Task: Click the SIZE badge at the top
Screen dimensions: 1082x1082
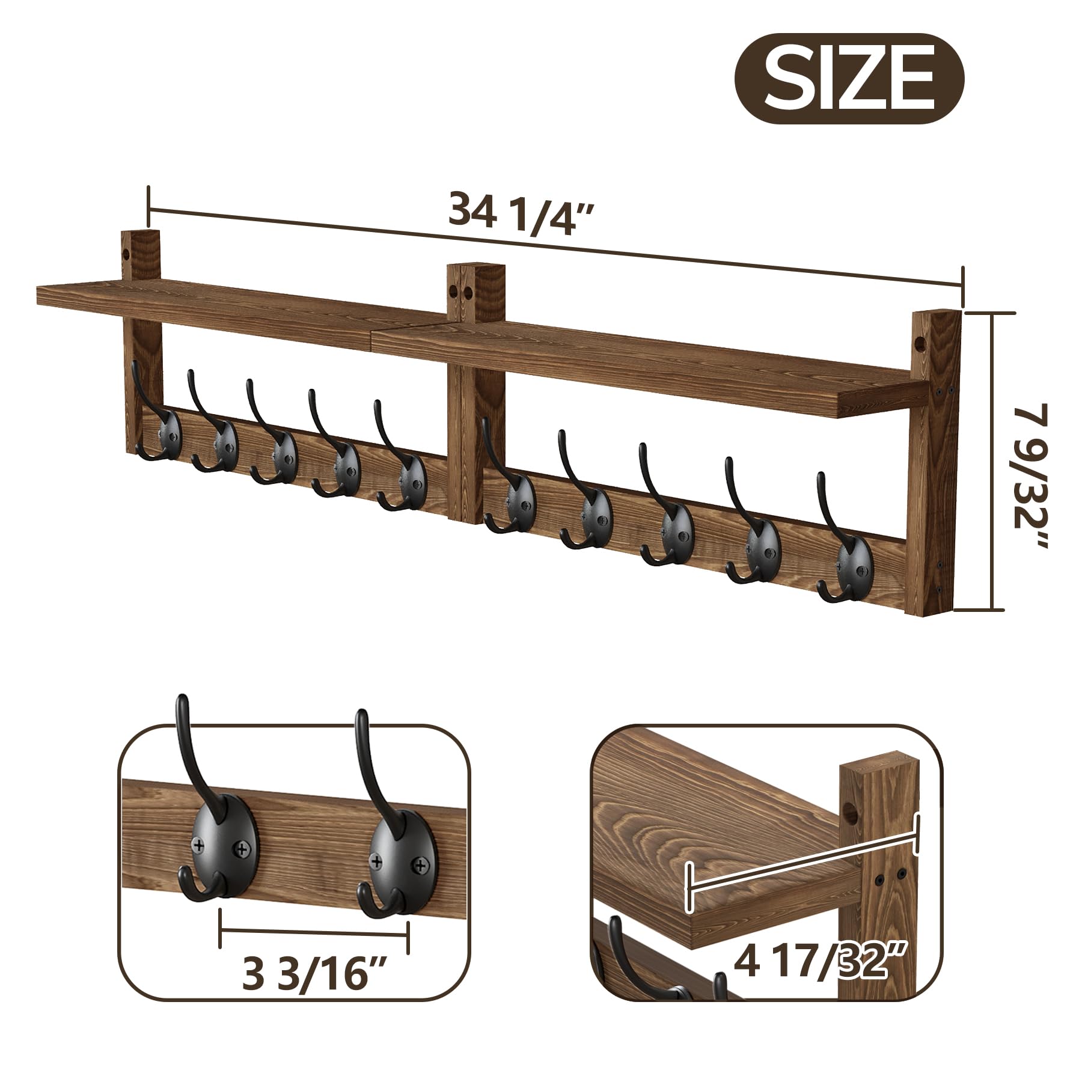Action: [849, 79]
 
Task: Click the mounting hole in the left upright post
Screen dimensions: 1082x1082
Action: [128, 253]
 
